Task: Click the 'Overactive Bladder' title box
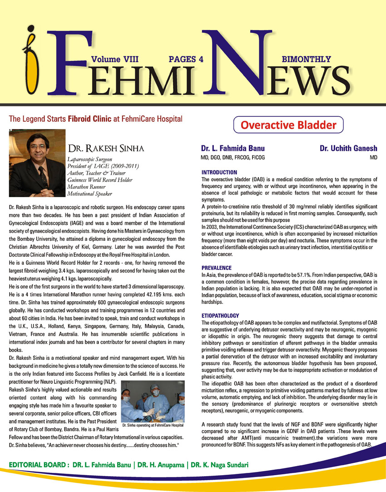pyautogui.click(x=288, y=124)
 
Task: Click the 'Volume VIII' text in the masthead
pyautogui.click(x=114, y=59)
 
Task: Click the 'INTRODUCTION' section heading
pyautogui.click(x=219, y=173)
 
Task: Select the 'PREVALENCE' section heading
pyautogui.click(x=216, y=268)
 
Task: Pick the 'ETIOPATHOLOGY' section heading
pyautogui.click(x=220, y=315)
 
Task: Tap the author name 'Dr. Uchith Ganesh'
pyautogui.click(x=348, y=149)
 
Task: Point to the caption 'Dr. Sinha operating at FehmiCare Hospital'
pyautogui.click(x=153, y=425)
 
